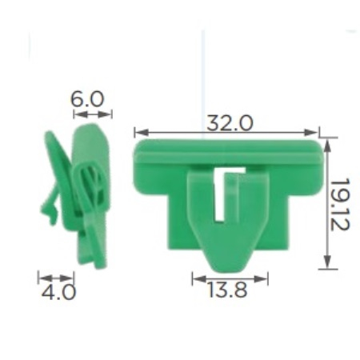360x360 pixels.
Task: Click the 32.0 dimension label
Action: [x=230, y=123]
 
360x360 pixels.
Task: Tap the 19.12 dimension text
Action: [x=339, y=204]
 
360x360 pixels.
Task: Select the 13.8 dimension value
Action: [x=227, y=290]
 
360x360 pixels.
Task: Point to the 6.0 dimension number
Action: [x=86, y=99]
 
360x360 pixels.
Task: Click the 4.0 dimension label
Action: [x=58, y=292]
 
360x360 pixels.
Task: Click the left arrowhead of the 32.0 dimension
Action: [x=142, y=132]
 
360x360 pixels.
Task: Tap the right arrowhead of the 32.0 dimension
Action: [x=310, y=132]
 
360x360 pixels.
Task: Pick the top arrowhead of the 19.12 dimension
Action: [x=328, y=146]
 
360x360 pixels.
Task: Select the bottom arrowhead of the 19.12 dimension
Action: [x=328, y=262]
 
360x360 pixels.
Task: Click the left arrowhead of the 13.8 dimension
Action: [x=199, y=279]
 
